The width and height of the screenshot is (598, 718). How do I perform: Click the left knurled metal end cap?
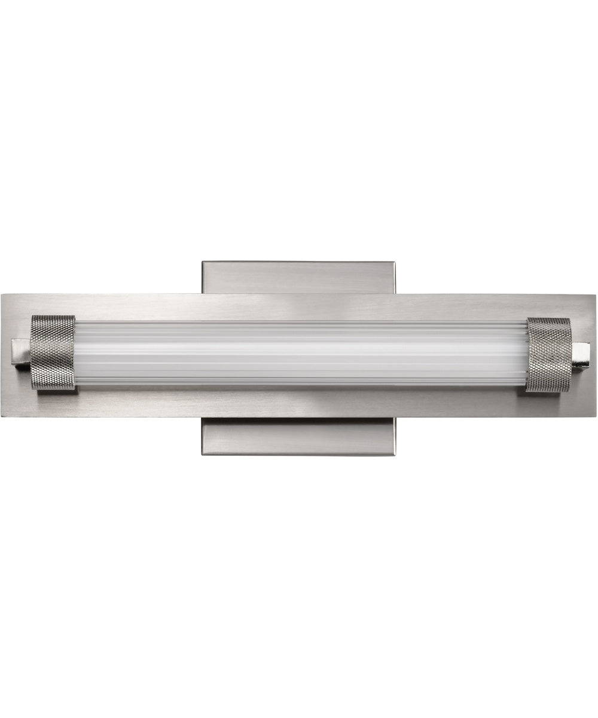[53, 352]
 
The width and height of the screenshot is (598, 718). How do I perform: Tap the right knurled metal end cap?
[548, 354]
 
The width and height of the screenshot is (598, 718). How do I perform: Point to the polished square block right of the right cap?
[581, 355]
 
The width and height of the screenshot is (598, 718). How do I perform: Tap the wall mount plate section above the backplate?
[298, 277]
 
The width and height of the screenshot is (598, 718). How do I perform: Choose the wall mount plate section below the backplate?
[298, 436]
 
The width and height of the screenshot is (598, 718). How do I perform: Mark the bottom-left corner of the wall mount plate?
[203, 454]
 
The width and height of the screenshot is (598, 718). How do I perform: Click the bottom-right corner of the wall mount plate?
[393, 454]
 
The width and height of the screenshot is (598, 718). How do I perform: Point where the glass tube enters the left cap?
[76, 353]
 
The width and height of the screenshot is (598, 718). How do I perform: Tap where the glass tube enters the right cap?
[527, 354]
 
